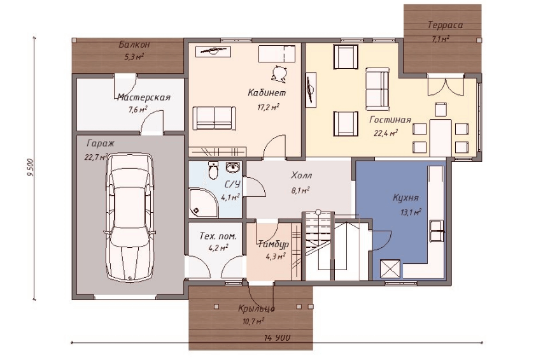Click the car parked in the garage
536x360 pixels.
pos(130,218)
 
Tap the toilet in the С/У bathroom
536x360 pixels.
pos(213,170)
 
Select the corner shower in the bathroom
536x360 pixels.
pos(203,202)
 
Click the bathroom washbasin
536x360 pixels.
pos(234,167)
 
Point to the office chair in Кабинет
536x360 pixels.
pos(278,73)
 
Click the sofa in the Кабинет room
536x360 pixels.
pos(215,118)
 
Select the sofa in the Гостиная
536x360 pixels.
pos(377,89)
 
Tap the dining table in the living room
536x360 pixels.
pos(441,137)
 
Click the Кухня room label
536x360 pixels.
pos(406,198)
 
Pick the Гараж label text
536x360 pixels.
pos(101,143)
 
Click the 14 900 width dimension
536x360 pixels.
pos(277,338)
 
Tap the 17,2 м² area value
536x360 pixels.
pos(269,108)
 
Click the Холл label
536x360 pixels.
pos(302,176)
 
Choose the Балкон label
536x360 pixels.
pos(134,45)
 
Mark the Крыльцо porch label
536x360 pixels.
pos(257,308)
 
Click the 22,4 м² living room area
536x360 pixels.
pos(386,133)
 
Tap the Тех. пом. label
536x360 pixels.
pos(218,236)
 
